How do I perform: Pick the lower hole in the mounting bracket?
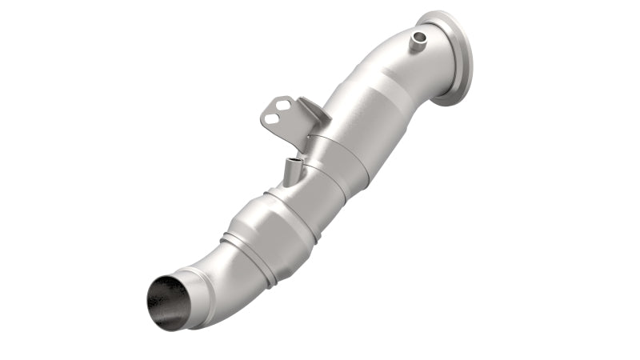pos(272,119)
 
